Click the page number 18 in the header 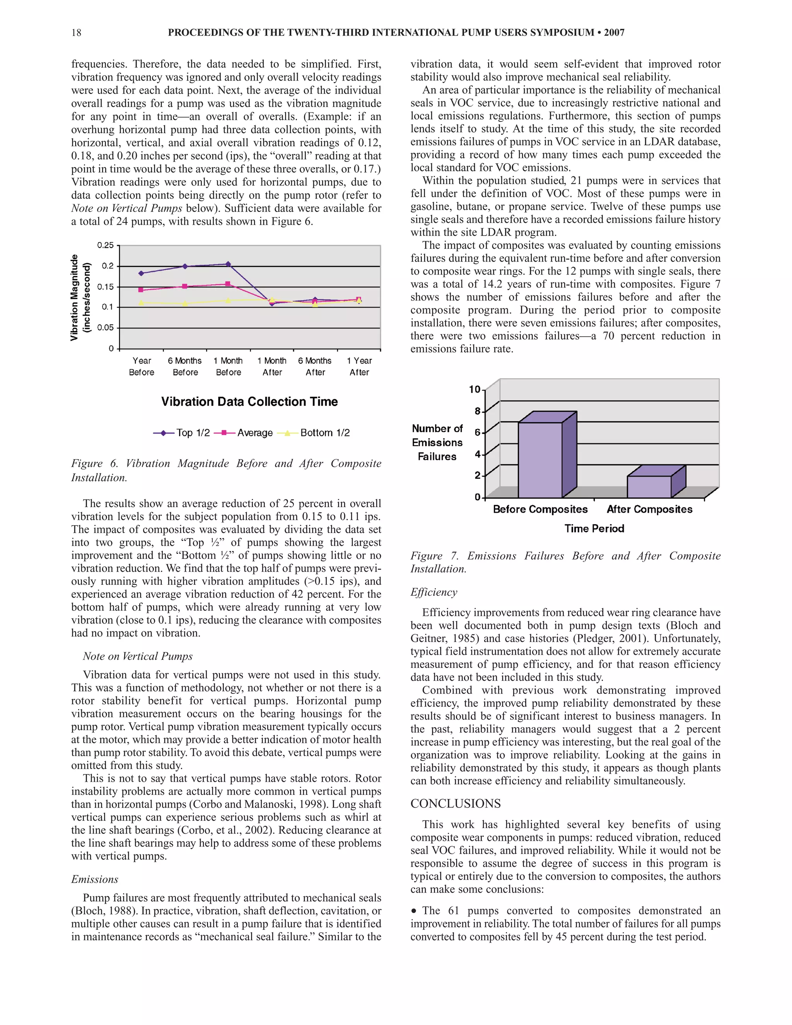click(x=76, y=32)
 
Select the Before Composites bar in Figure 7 click(x=539, y=460)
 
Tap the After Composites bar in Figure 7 click(x=649, y=486)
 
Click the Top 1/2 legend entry click(x=182, y=433)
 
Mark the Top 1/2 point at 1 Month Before click(x=228, y=264)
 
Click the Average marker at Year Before click(x=141, y=290)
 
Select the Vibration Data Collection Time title click(x=249, y=402)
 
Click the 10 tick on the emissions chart click(x=475, y=389)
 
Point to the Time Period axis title click(x=594, y=528)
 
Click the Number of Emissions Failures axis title click(x=437, y=442)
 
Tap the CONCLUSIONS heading click(x=455, y=803)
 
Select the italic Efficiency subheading click(x=434, y=592)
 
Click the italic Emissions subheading click(x=94, y=880)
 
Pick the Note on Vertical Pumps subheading click(x=137, y=656)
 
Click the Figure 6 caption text click(x=226, y=470)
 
